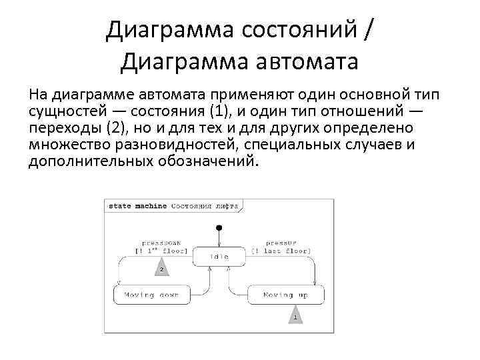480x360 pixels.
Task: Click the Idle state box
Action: click(219, 257)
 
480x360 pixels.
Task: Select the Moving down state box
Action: click(151, 294)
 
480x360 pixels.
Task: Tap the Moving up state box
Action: click(286, 294)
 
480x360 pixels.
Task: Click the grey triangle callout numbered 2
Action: click(161, 269)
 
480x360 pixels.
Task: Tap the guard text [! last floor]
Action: click(281, 251)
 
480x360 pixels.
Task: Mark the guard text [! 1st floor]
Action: click(161, 251)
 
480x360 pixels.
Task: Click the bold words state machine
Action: click(137, 206)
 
